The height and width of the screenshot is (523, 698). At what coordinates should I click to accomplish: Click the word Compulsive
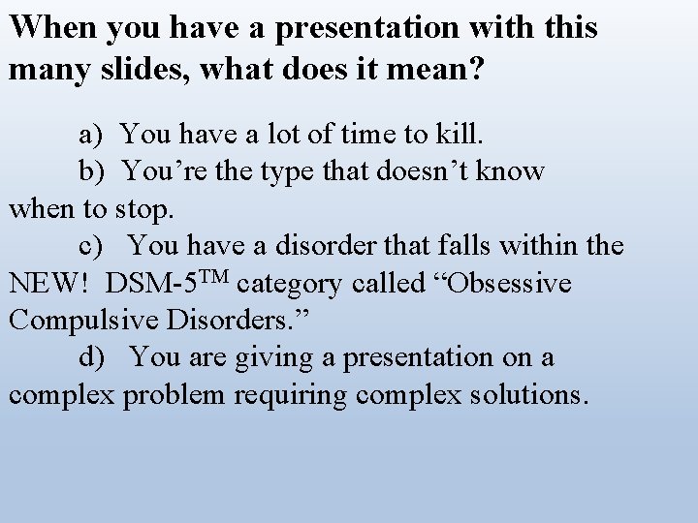tap(81, 321)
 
